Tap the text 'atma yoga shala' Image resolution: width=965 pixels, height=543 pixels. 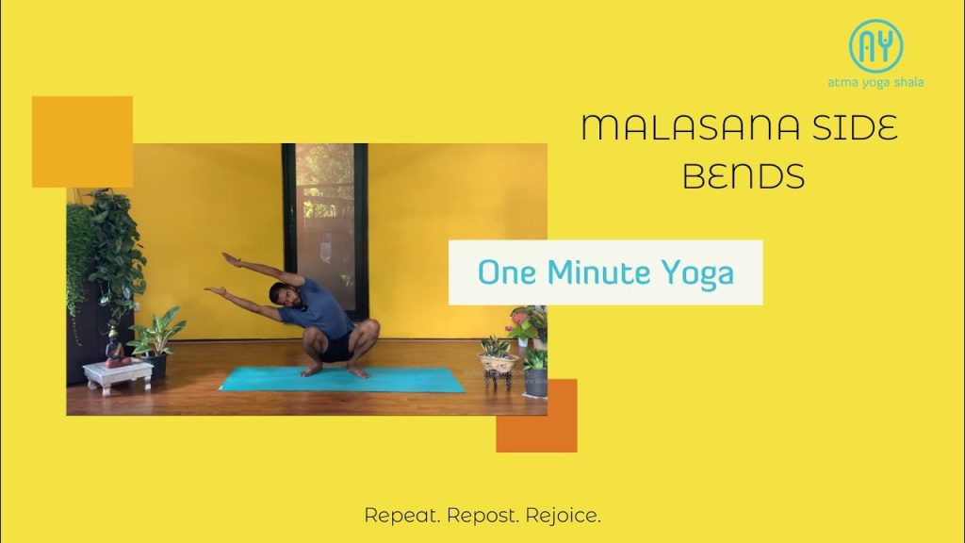click(875, 82)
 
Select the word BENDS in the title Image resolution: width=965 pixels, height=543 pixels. click(744, 175)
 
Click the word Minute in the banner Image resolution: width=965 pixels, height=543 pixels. click(598, 272)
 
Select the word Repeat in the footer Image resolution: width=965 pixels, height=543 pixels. click(401, 516)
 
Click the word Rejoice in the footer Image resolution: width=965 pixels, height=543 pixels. click(564, 516)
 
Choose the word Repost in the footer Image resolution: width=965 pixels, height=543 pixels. click(482, 516)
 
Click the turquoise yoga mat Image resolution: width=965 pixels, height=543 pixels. click(341, 379)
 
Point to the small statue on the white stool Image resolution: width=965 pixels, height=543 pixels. click(114, 348)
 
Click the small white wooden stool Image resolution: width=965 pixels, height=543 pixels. click(118, 375)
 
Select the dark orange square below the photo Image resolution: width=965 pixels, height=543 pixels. click(536, 416)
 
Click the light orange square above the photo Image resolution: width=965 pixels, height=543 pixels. click(83, 141)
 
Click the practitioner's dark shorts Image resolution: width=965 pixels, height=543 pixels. click(336, 349)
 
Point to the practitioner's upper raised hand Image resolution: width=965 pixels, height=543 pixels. click(231, 259)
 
